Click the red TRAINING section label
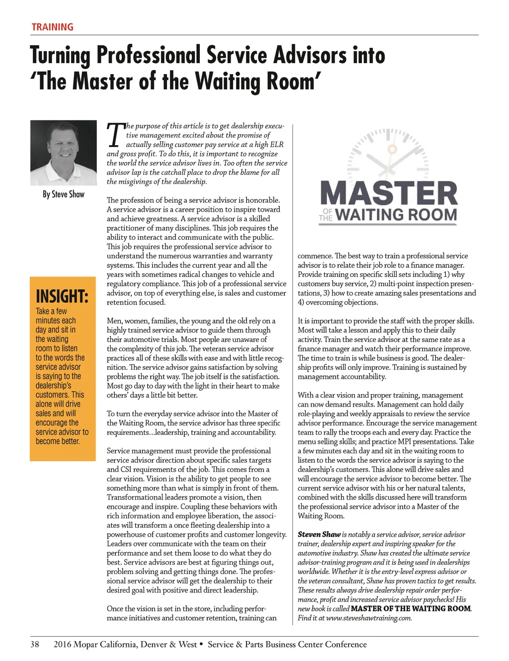point(52,27)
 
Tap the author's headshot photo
point(63,153)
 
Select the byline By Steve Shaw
point(63,194)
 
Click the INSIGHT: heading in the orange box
point(62,297)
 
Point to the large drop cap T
point(115,135)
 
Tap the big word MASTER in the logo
point(389,194)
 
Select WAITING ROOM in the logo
point(396,215)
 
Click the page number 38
point(35,645)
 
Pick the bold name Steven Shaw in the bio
point(319,534)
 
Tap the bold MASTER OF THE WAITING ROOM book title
point(411,609)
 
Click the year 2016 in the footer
point(62,645)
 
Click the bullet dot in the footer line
point(201,645)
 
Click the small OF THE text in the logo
point(326,215)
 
